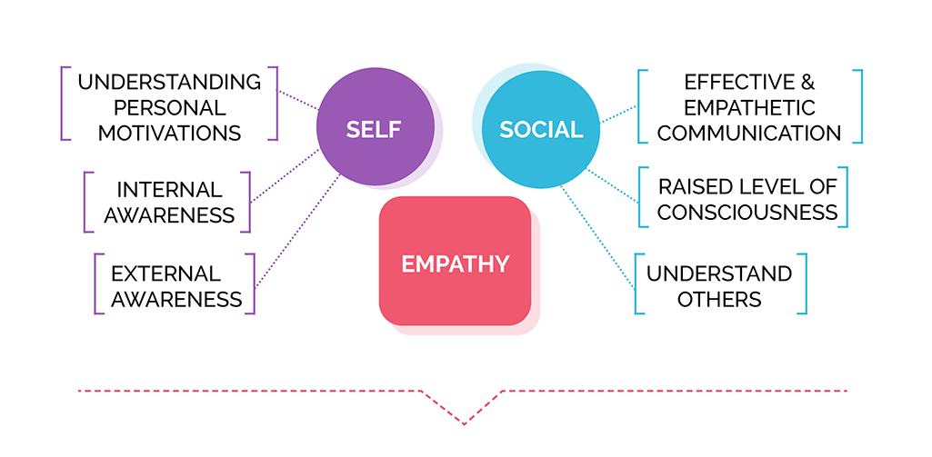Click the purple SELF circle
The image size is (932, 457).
(x=375, y=126)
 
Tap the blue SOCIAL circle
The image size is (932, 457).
(x=540, y=129)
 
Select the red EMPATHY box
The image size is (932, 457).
(x=455, y=261)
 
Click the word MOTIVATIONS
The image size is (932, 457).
(x=169, y=134)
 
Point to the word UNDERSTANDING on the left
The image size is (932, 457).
(x=169, y=82)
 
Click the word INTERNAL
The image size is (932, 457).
(x=169, y=190)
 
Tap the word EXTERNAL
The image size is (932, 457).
(x=165, y=274)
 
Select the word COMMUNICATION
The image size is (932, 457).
(x=749, y=134)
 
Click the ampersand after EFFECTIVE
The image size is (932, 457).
(x=807, y=82)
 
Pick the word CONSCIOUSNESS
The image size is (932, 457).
(x=747, y=213)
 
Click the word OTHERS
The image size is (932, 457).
(x=719, y=299)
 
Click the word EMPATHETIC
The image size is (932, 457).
(x=749, y=107)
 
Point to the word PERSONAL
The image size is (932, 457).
(x=169, y=107)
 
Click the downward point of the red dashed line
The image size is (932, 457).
(x=464, y=424)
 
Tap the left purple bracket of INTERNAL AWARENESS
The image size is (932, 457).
(x=88, y=202)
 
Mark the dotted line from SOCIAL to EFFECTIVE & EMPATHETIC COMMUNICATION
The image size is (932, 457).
(x=618, y=114)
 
